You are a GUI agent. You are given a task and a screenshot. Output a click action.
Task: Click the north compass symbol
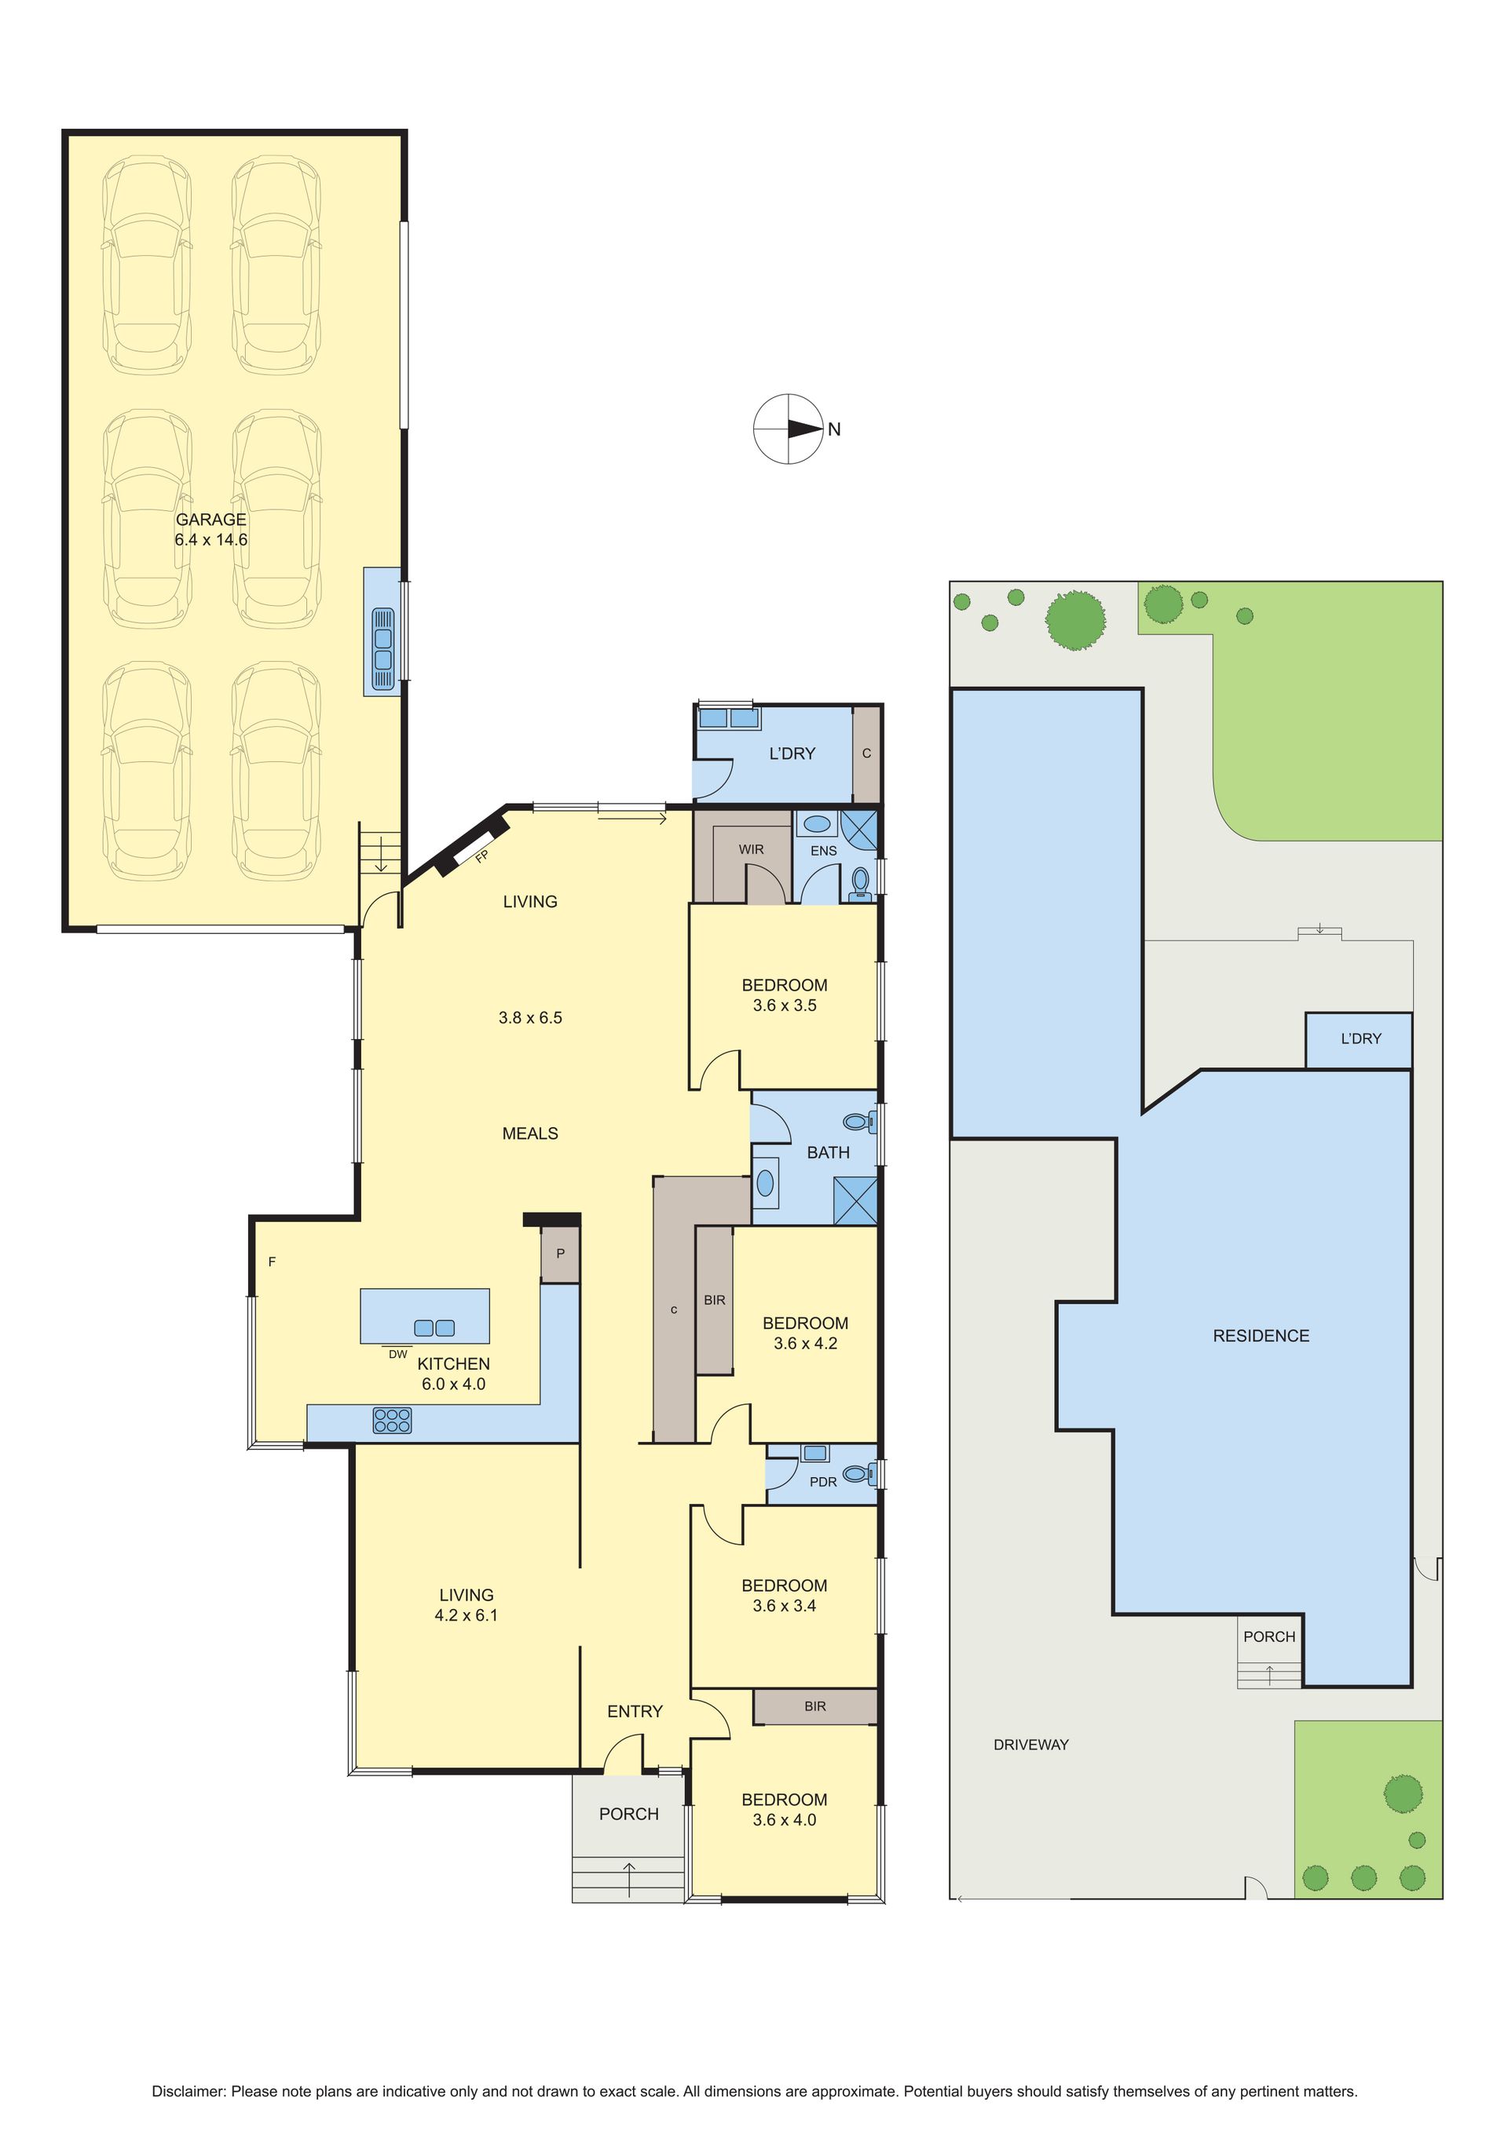[x=789, y=429]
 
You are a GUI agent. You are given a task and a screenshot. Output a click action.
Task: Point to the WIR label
[x=751, y=849]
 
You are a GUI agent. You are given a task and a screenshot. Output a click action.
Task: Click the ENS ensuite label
[x=824, y=850]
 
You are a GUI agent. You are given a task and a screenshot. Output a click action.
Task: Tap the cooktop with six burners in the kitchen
[x=392, y=1420]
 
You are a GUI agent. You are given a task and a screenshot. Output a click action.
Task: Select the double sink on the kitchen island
[x=434, y=1328]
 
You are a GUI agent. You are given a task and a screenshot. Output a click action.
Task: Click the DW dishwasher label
[x=397, y=1354]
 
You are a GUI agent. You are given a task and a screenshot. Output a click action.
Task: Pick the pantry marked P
[x=561, y=1253]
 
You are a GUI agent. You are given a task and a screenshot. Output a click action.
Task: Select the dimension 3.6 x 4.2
[x=806, y=1343]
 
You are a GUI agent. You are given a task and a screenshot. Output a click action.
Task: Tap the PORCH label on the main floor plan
[x=628, y=1815]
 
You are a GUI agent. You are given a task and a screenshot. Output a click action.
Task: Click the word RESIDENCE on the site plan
[x=1261, y=1336]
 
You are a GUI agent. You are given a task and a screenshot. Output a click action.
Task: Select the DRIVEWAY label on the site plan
[x=1030, y=1745]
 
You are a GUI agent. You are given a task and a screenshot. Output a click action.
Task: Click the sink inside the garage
[x=382, y=637]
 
